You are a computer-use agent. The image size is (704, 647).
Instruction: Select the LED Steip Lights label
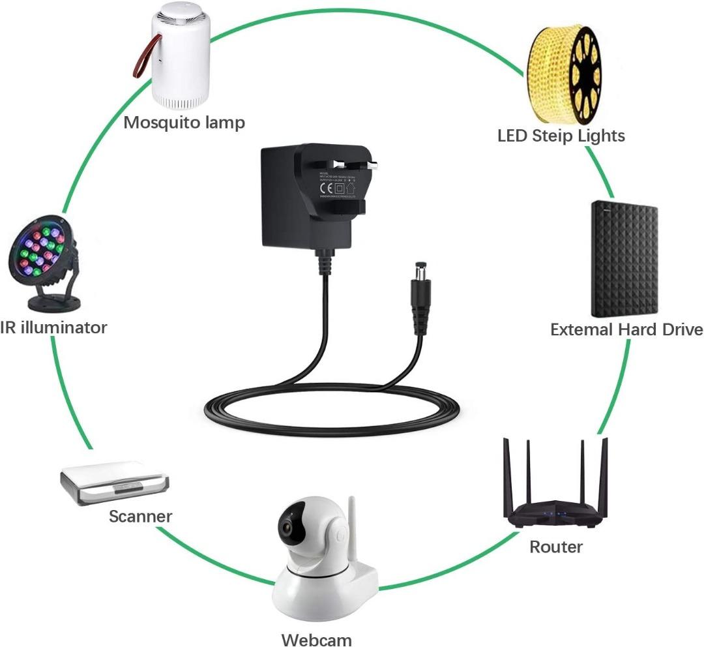[x=561, y=136]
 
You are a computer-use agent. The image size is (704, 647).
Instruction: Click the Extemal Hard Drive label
[x=626, y=329]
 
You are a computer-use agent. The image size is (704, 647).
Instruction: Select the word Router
[x=555, y=547]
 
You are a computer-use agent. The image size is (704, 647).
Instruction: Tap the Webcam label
[x=316, y=639]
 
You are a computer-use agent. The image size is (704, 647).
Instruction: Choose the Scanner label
[x=140, y=517]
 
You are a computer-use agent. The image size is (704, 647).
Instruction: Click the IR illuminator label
[x=53, y=327]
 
